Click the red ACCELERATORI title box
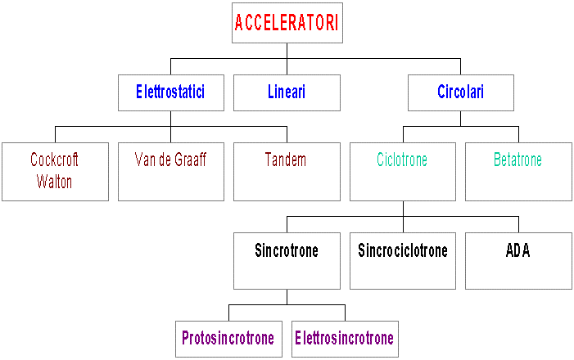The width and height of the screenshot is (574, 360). (x=287, y=23)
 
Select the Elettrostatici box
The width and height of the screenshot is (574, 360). (x=170, y=92)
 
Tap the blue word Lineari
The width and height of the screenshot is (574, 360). (x=287, y=92)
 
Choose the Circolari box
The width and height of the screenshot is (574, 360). (x=460, y=92)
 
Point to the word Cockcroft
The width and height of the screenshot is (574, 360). (x=55, y=159)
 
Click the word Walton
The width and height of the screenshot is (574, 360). (x=55, y=182)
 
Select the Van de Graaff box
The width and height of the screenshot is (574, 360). (x=170, y=171)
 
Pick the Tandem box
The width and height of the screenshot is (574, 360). (x=287, y=171)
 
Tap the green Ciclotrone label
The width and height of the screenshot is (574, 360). (x=402, y=160)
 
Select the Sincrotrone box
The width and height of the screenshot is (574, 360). (x=287, y=260)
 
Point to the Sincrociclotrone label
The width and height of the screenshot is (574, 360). (x=403, y=250)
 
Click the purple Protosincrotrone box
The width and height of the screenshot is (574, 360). (x=228, y=339)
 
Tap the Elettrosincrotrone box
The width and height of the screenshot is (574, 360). (x=344, y=339)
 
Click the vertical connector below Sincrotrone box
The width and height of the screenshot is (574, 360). (x=287, y=296)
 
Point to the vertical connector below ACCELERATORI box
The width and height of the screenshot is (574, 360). (x=287, y=51)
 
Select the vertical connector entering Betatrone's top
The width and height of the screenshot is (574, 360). (x=518, y=134)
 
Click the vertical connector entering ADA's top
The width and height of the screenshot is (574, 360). (x=518, y=224)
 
